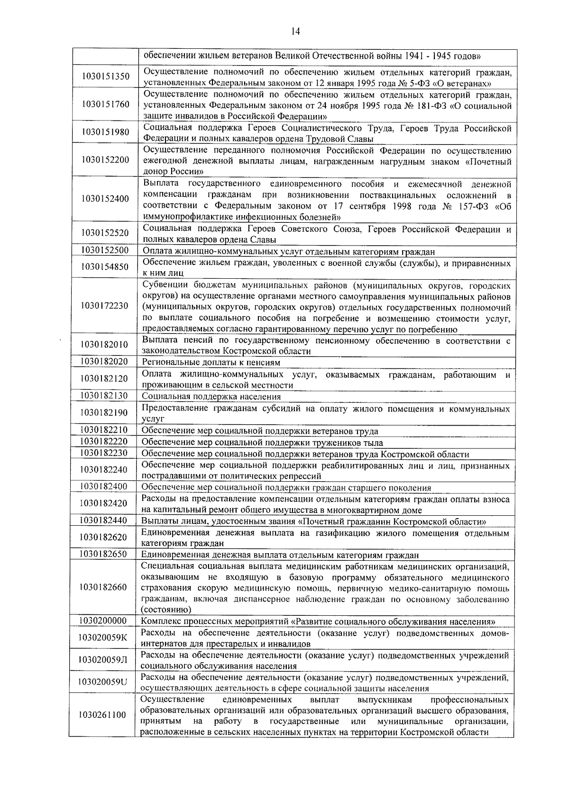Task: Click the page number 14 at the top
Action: [x=295, y=32]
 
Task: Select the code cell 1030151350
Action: [x=105, y=77]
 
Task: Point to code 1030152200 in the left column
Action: [x=105, y=160]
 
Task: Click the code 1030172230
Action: [x=105, y=306]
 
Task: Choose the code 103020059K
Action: [x=103, y=638]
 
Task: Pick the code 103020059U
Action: [x=103, y=682]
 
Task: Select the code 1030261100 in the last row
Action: [x=103, y=715]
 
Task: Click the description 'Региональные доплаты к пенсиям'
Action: [x=211, y=363]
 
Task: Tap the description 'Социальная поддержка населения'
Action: [x=211, y=396]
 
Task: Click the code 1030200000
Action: [x=103, y=621]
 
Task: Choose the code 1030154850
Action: [x=105, y=267]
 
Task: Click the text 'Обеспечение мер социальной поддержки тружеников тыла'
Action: [x=262, y=443]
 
